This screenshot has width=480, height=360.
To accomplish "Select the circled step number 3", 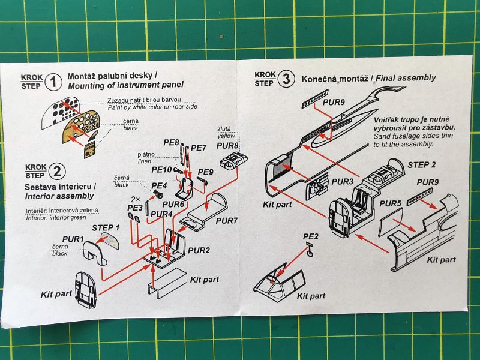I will (x=287, y=79).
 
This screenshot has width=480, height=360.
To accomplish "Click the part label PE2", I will (x=310, y=236).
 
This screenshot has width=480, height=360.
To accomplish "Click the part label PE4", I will (x=159, y=185).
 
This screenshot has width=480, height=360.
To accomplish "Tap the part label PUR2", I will (x=199, y=249).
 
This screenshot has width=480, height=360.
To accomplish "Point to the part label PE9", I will (x=206, y=172).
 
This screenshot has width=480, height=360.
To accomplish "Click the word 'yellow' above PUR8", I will (x=225, y=136).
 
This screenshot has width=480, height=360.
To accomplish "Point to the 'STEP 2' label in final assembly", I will (x=422, y=164).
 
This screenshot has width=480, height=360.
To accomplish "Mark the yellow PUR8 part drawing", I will (x=234, y=161).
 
